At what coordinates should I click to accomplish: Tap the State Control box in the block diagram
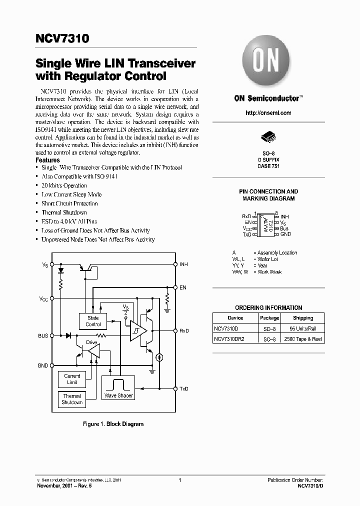click(93, 321)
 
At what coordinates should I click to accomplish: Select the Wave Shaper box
click(118, 387)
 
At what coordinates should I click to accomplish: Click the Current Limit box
click(72, 379)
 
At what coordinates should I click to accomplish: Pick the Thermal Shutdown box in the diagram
click(72, 399)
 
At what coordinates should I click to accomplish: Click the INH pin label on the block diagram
click(183, 264)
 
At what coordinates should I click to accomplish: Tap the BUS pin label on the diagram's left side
click(43, 335)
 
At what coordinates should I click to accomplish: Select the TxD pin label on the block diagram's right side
click(184, 388)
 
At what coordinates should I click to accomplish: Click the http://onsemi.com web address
click(268, 113)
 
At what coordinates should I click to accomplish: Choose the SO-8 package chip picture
click(268, 138)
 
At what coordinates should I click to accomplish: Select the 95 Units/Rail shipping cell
click(303, 328)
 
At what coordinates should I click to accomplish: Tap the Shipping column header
click(303, 318)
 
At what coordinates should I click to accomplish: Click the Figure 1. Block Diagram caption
click(113, 424)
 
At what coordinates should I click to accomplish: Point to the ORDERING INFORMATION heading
click(268, 308)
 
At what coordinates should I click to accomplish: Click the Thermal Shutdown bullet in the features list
click(64, 212)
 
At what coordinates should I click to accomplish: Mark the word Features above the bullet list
click(48, 160)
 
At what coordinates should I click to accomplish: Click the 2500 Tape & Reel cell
click(303, 339)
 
